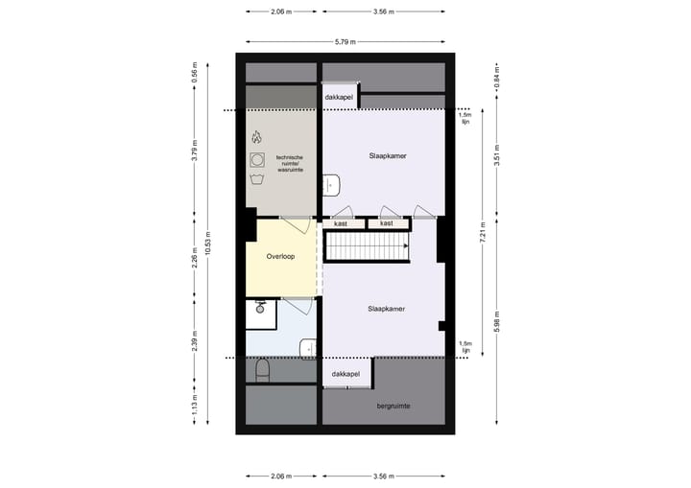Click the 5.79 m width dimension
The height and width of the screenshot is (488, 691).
[345, 42]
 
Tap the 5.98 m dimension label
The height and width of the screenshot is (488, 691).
[495, 322]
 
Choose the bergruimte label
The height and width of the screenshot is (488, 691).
[393, 406]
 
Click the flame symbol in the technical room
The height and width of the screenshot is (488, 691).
[256, 137]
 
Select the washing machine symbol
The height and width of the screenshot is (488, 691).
[256, 158]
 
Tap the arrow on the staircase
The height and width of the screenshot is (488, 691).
[406, 247]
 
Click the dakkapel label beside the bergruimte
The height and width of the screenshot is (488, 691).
[345, 373]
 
